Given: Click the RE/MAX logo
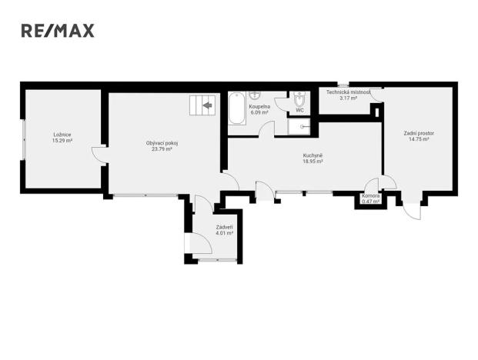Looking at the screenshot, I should pyautogui.click(x=57, y=31).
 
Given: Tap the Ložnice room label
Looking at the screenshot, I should pyautogui.click(x=62, y=135).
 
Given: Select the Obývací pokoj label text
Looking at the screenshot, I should pyautogui.click(x=159, y=142).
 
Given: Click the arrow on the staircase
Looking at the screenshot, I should pyautogui.click(x=206, y=106).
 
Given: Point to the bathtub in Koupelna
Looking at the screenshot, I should pyautogui.click(x=237, y=108).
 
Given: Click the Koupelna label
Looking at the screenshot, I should pyautogui.click(x=259, y=106).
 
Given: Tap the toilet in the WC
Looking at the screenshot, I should pyautogui.click(x=299, y=101).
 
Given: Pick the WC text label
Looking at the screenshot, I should pyautogui.click(x=300, y=110).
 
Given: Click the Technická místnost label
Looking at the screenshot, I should pyautogui.click(x=348, y=92).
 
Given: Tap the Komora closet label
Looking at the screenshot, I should pyautogui.click(x=371, y=196).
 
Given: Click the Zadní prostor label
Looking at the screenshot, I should pyautogui.click(x=420, y=133).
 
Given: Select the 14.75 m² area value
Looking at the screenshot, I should pyautogui.click(x=420, y=139).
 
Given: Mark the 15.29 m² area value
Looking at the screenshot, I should pyautogui.click(x=62, y=141).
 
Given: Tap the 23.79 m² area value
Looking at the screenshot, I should pyautogui.click(x=159, y=148).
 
